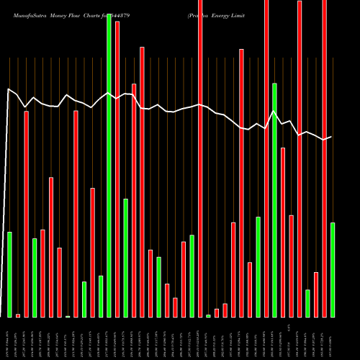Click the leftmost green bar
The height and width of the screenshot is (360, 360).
pyautogui.click(x=9, y=274)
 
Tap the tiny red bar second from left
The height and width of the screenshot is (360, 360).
pyautogui.click(x=18, y=315)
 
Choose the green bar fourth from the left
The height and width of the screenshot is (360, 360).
pyautogui.click(x=35, y=277)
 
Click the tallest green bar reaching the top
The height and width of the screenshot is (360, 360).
pyautogui.click(x=109, y=166)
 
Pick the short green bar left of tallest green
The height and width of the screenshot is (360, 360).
pyautogui.click(x=101, y=296)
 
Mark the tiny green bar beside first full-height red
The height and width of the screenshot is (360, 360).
pyautogui.click(x=208, y=315)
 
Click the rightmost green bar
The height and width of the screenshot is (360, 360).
pyautogui.click(x=332, y=269)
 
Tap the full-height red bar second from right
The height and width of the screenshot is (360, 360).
pyautogui.click(x=324, y=158)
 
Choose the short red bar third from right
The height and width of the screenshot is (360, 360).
pyautogui.click(x=316, y=294)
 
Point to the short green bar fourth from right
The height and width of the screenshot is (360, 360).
pyautogui.click(x=307, y=303)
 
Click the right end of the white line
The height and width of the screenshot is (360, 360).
pyautogui.click(x=331, y=137)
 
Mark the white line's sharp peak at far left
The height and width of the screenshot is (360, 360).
pyautogui.click(x=9, y=89)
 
